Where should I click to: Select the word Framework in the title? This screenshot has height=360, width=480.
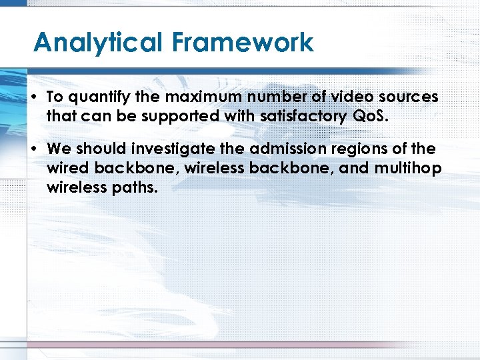[242, 42]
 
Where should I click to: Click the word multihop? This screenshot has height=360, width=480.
[408, 168]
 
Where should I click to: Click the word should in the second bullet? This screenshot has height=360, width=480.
[96, 149]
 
